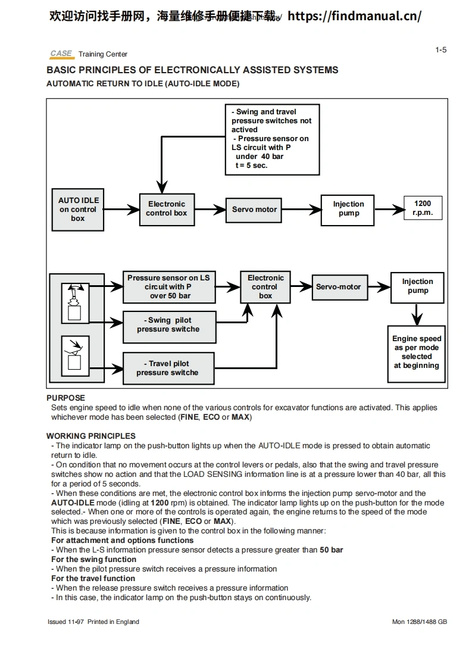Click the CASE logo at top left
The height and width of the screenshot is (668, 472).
pyautogui.click(x=61, y=54)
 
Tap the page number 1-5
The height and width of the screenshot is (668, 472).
pyautogui.click(x=440, y=50)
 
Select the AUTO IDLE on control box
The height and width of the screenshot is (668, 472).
pyautogui.click(x=79, y=210)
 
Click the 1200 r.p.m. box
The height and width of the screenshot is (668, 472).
pyautogui.click(x=423, y=208)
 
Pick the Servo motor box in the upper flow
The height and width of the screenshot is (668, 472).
pyautogui.click(x=255, y=210)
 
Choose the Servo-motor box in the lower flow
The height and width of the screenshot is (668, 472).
pyautogui.click(x=338, y=287)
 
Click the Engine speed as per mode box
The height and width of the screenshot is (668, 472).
pyautogui.click(x=417, y=352)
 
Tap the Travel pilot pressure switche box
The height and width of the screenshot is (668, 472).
pyautogui.click(x=168, y=368)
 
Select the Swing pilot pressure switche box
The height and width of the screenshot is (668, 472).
pyautogui.click(x=168, y=325)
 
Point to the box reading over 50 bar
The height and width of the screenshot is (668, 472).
pyautogui.click(x=168, y=287)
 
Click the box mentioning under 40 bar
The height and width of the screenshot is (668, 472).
pyautogui.click(x=272, y=139)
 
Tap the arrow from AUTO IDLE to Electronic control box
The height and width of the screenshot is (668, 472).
pyautogui.click(x=121, y=210)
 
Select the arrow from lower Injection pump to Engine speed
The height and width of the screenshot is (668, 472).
pyautogui.click(x=417, y=313)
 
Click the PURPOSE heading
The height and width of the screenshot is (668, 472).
pyautogui.click(x=66, y=398)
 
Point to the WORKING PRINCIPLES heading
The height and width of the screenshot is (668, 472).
pyautogui.click(x=91, y=436)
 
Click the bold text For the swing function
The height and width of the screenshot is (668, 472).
pyautogui.click(x=93, y=559)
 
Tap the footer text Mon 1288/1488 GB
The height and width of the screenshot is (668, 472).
pyautogui.click(x=419, y=622)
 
